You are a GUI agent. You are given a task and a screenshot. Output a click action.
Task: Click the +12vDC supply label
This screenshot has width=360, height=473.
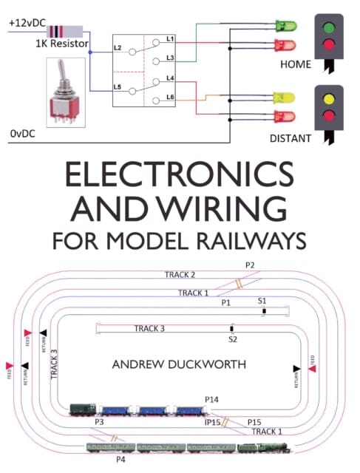27,23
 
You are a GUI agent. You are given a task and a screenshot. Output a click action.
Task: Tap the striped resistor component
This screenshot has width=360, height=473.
66,32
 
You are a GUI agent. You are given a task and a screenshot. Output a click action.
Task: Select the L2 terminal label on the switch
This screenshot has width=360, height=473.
117,47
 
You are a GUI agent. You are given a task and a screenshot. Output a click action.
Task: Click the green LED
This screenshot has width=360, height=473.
285,26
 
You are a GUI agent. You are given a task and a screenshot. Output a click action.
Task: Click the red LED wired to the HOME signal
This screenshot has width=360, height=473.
285,45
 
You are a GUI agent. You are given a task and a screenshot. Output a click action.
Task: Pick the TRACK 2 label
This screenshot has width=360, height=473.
180,275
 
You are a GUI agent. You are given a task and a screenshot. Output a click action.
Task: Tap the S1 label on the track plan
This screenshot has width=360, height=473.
262,302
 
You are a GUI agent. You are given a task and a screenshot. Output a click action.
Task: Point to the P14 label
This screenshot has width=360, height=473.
212,399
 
